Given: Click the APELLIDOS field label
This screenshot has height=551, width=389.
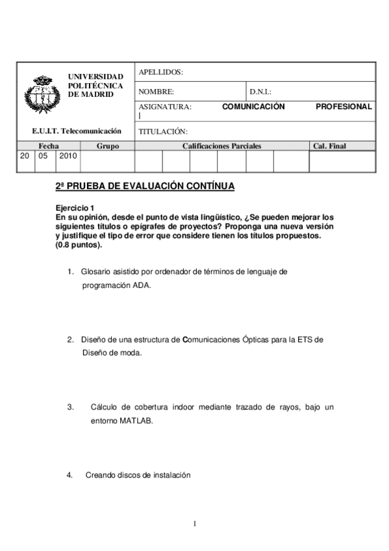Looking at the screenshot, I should tap(161, 72).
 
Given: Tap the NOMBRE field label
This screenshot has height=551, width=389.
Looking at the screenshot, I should tap(157, 92).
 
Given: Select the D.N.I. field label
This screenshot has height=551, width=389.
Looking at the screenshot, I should tap(260, 92).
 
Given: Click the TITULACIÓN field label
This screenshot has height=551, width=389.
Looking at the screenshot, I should tap(163, 131).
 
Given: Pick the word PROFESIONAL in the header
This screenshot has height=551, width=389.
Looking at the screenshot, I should tap(344, 107).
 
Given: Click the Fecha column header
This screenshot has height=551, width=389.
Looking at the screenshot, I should tap(49, 146).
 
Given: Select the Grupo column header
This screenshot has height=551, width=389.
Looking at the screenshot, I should tap(107, 146).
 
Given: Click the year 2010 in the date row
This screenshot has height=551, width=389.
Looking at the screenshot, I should tap(68, 156).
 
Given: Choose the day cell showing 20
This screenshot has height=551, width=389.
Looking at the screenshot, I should tap(25, 156).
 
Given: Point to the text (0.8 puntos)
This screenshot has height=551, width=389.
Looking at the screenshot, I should tap(79, 246).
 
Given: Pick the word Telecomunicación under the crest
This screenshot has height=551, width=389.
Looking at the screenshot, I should tap(95, 131).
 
